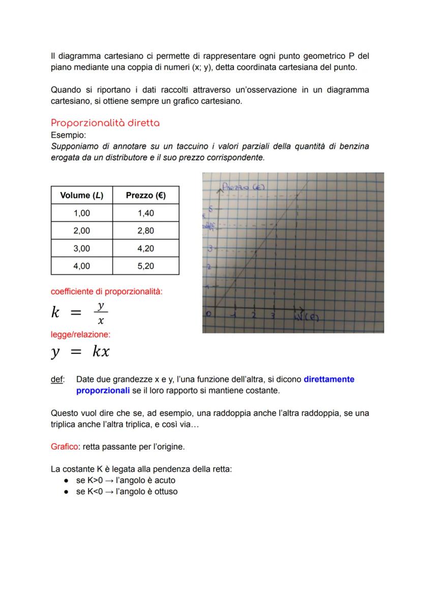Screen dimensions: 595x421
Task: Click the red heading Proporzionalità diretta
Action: (105, 123)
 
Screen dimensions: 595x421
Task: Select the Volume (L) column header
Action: (81, 195)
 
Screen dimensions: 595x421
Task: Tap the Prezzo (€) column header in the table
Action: (145, 195)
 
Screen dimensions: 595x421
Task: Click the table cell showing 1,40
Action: (145, 213)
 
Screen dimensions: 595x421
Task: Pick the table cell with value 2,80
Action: (145, 231)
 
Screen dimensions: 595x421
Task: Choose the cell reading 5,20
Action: (145, 266)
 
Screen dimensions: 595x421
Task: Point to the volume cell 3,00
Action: (81, 248)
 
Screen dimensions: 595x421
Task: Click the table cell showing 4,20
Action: (145, 248)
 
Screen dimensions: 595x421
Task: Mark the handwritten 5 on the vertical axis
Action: (210, 208)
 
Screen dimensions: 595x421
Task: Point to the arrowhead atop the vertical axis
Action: (219, 188)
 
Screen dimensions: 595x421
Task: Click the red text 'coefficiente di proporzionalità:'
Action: (107, 292)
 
